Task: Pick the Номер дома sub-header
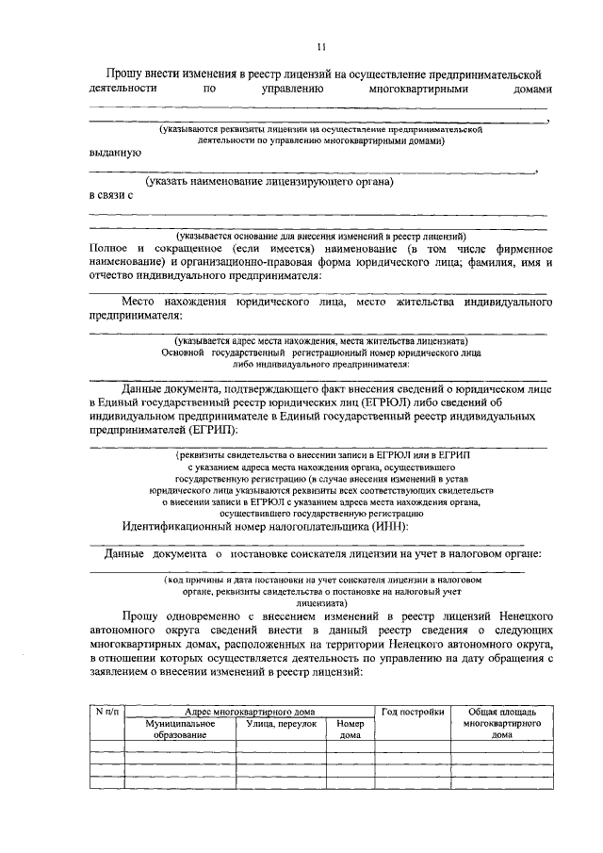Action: pos(350,729)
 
